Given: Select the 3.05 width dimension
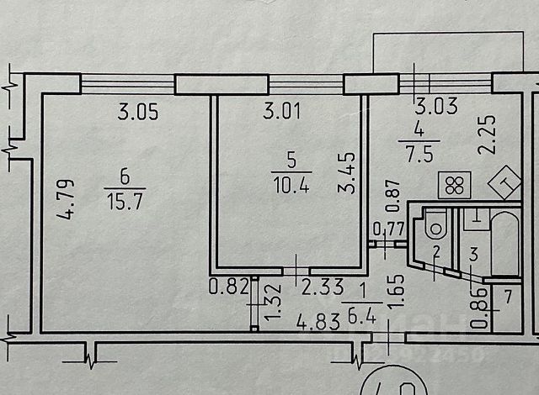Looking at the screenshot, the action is pyautogui.click(x=136, y=110).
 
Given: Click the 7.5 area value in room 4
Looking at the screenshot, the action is pyautogui.click(x=413, y=152).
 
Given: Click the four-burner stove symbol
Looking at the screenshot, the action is pyautogui.click(x=454, y=185).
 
